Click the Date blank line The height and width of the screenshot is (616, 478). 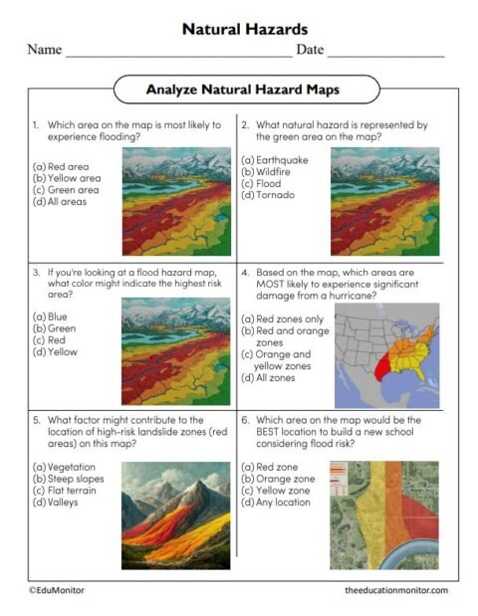coord(385,52)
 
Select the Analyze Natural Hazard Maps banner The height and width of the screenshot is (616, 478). coord(243,90)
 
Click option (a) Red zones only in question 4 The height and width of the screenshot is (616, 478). coord(289,317)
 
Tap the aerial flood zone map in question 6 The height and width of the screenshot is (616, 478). coord(384,514)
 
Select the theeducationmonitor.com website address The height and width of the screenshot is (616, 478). coord(396,590)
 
